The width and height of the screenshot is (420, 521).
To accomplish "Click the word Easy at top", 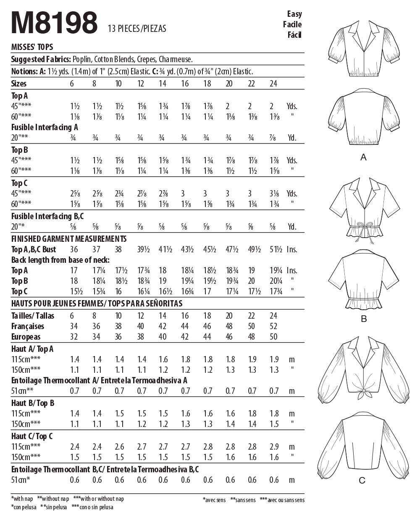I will click(294, 13).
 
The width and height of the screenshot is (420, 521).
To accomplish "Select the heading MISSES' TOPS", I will click(32, 47).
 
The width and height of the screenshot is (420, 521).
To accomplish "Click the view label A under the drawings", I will click(364, 157).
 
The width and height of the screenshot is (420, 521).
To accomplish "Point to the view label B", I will click(364, 319).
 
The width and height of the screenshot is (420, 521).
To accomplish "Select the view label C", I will click(362, 480).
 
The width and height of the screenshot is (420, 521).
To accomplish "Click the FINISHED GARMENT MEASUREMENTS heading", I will click(69, 239).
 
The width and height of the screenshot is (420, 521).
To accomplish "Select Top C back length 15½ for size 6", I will click(74, 291).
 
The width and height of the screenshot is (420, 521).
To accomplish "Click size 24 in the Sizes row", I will click(273, 84).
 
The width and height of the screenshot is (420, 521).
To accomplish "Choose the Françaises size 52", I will click(274, 326).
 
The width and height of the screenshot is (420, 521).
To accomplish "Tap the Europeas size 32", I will click(74, 337).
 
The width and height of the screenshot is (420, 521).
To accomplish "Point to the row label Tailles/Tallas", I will click(33, 316).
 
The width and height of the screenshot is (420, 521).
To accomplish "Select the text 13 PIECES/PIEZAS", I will click(137, 29).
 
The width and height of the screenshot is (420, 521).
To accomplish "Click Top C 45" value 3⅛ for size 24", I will click(274, 194).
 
